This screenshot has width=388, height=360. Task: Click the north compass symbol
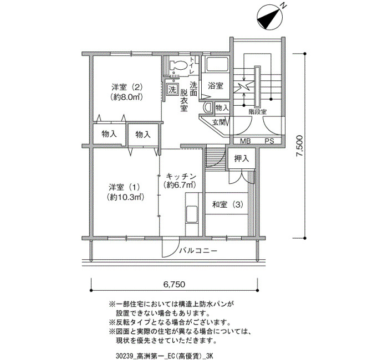pos(269,18)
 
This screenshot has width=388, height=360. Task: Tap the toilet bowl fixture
pos(178,65)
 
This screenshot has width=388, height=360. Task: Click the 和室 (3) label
pos(228,205)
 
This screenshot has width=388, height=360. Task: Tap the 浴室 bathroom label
pos(216,86)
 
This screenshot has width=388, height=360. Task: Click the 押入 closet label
pos(242,158)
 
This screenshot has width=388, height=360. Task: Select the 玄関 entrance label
pos(219,122)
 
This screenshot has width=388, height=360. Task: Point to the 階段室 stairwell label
pos(258,112)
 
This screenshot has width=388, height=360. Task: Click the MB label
pos(246,141)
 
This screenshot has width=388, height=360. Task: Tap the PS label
pos(269,141)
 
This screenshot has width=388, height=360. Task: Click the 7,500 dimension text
pos(300,146)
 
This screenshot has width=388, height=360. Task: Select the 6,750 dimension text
pos(174,284)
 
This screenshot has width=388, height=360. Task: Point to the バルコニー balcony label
pos(198,251)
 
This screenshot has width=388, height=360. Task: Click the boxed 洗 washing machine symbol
pos(172,89)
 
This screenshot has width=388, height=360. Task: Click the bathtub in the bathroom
pos(216,65)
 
